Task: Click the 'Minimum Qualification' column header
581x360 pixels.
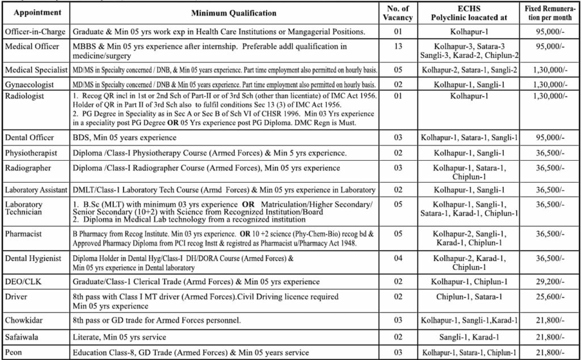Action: click(x=226, y=12)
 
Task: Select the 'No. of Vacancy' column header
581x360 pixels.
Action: click(x=398, y=12)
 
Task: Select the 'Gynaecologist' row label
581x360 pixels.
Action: click(x=30, y=84)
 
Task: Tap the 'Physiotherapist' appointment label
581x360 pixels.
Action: click(x=32, y=153)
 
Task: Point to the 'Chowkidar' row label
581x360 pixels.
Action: click(x=26, y=321)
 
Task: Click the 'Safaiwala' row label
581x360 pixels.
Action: click(x=24, y=337)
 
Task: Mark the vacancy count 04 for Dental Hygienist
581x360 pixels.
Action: click(x=398, y=258)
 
